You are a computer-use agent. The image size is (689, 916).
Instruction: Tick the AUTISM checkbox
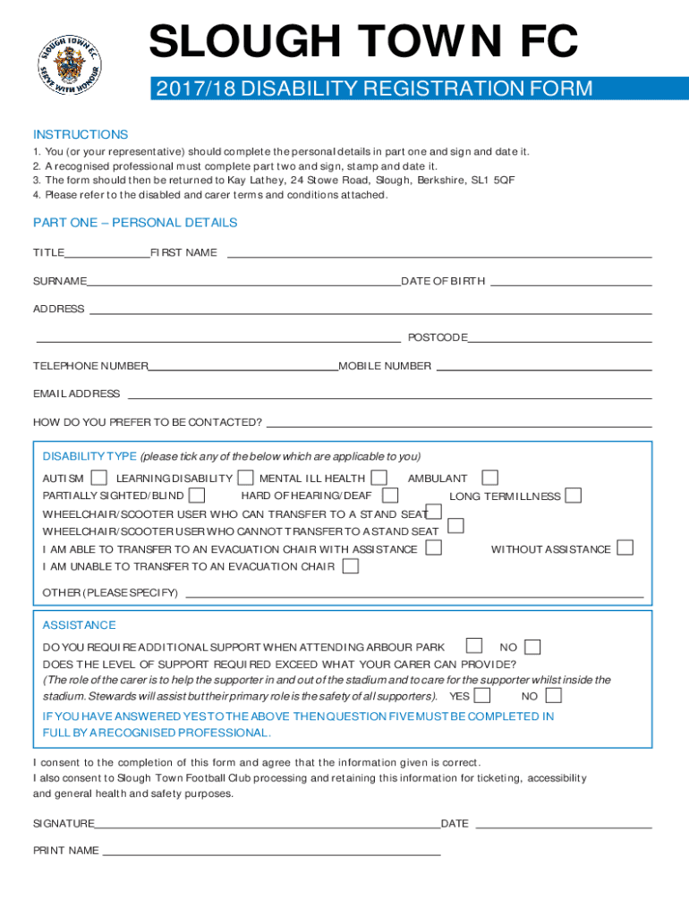pos(99,479)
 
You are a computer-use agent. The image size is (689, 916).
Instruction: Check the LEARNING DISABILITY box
pos(245,479)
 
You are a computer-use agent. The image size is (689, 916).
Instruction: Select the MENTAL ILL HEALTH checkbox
pos(379,479)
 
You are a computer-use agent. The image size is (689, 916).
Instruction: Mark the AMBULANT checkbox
pos(489,479)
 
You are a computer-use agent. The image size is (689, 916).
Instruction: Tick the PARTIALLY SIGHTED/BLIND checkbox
pos(197,496)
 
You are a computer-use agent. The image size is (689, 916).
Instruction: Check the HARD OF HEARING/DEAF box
pos(390,496)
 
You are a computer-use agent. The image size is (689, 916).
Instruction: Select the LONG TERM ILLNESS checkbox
pos(573,496)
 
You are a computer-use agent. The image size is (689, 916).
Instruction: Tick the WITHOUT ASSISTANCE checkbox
pos(625,547)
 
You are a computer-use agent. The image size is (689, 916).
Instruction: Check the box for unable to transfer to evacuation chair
pos(351,566)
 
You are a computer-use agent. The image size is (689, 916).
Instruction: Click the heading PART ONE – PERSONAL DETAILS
pos(135,223)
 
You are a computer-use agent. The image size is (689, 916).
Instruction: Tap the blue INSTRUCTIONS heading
pos(81,135)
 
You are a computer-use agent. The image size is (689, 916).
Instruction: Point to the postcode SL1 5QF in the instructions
pos(493,180)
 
